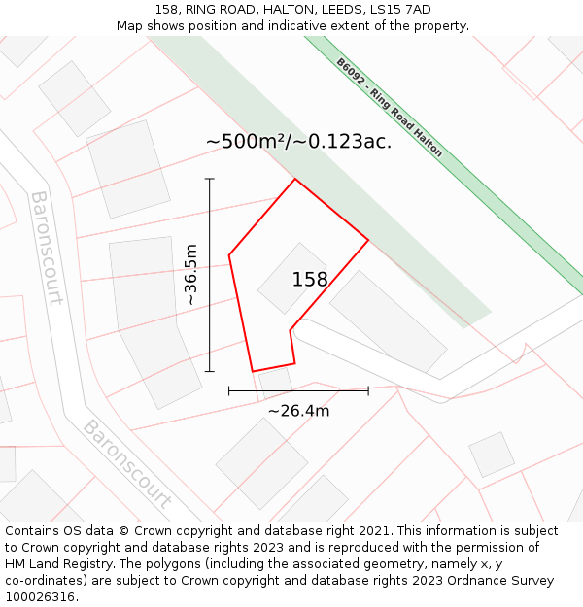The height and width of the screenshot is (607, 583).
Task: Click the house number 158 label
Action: tap(310, 280)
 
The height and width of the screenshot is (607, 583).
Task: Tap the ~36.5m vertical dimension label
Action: tap(191, 275)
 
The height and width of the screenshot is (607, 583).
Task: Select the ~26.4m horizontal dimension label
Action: tap(298, 411)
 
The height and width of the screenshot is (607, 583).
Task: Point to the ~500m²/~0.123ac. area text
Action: tap(298, 141)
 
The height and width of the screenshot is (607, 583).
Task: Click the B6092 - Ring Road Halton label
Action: tap(390, 107)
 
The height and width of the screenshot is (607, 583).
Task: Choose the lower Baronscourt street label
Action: tap(126, 464)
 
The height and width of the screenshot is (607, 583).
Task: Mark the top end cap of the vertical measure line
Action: tap(210, 179)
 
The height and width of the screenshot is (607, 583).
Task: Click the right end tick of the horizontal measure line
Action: tap(368, 390)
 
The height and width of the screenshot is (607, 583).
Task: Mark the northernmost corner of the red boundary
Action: tap(294, 179)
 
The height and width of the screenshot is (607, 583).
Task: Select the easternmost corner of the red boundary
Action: tap(368, 239)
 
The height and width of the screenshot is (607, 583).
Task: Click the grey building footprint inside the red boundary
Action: tap(291, 278)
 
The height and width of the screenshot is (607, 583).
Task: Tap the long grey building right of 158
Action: tap(388, 320)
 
